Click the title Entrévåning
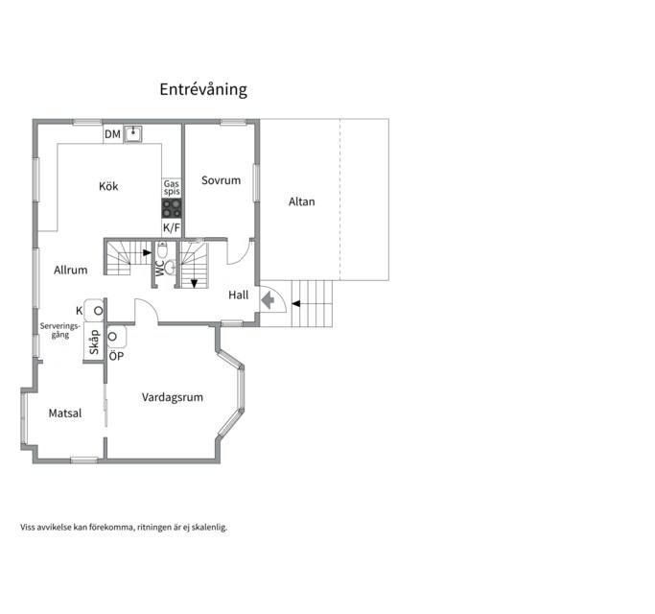tap(203, 89)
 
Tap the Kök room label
tap(108, 186)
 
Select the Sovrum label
tap(221, 180)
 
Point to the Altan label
tap(301, 201)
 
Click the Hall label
tap(239, 295)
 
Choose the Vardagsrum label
tap(173, 397)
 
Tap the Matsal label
tap(65, 413)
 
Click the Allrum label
tap(71, 270)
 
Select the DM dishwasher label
tap(112, 134)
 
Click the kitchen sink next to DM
tap(133, 134)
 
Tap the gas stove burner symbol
tap(172, 208)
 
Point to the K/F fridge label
tap(172, 227)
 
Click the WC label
tap(160, 269)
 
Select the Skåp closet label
tap(94, 342)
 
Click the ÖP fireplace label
tap(117, 356)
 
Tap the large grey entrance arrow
tap(268, 300)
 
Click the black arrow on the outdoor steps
tap(295, 303)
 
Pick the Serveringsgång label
tap(60, 330)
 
